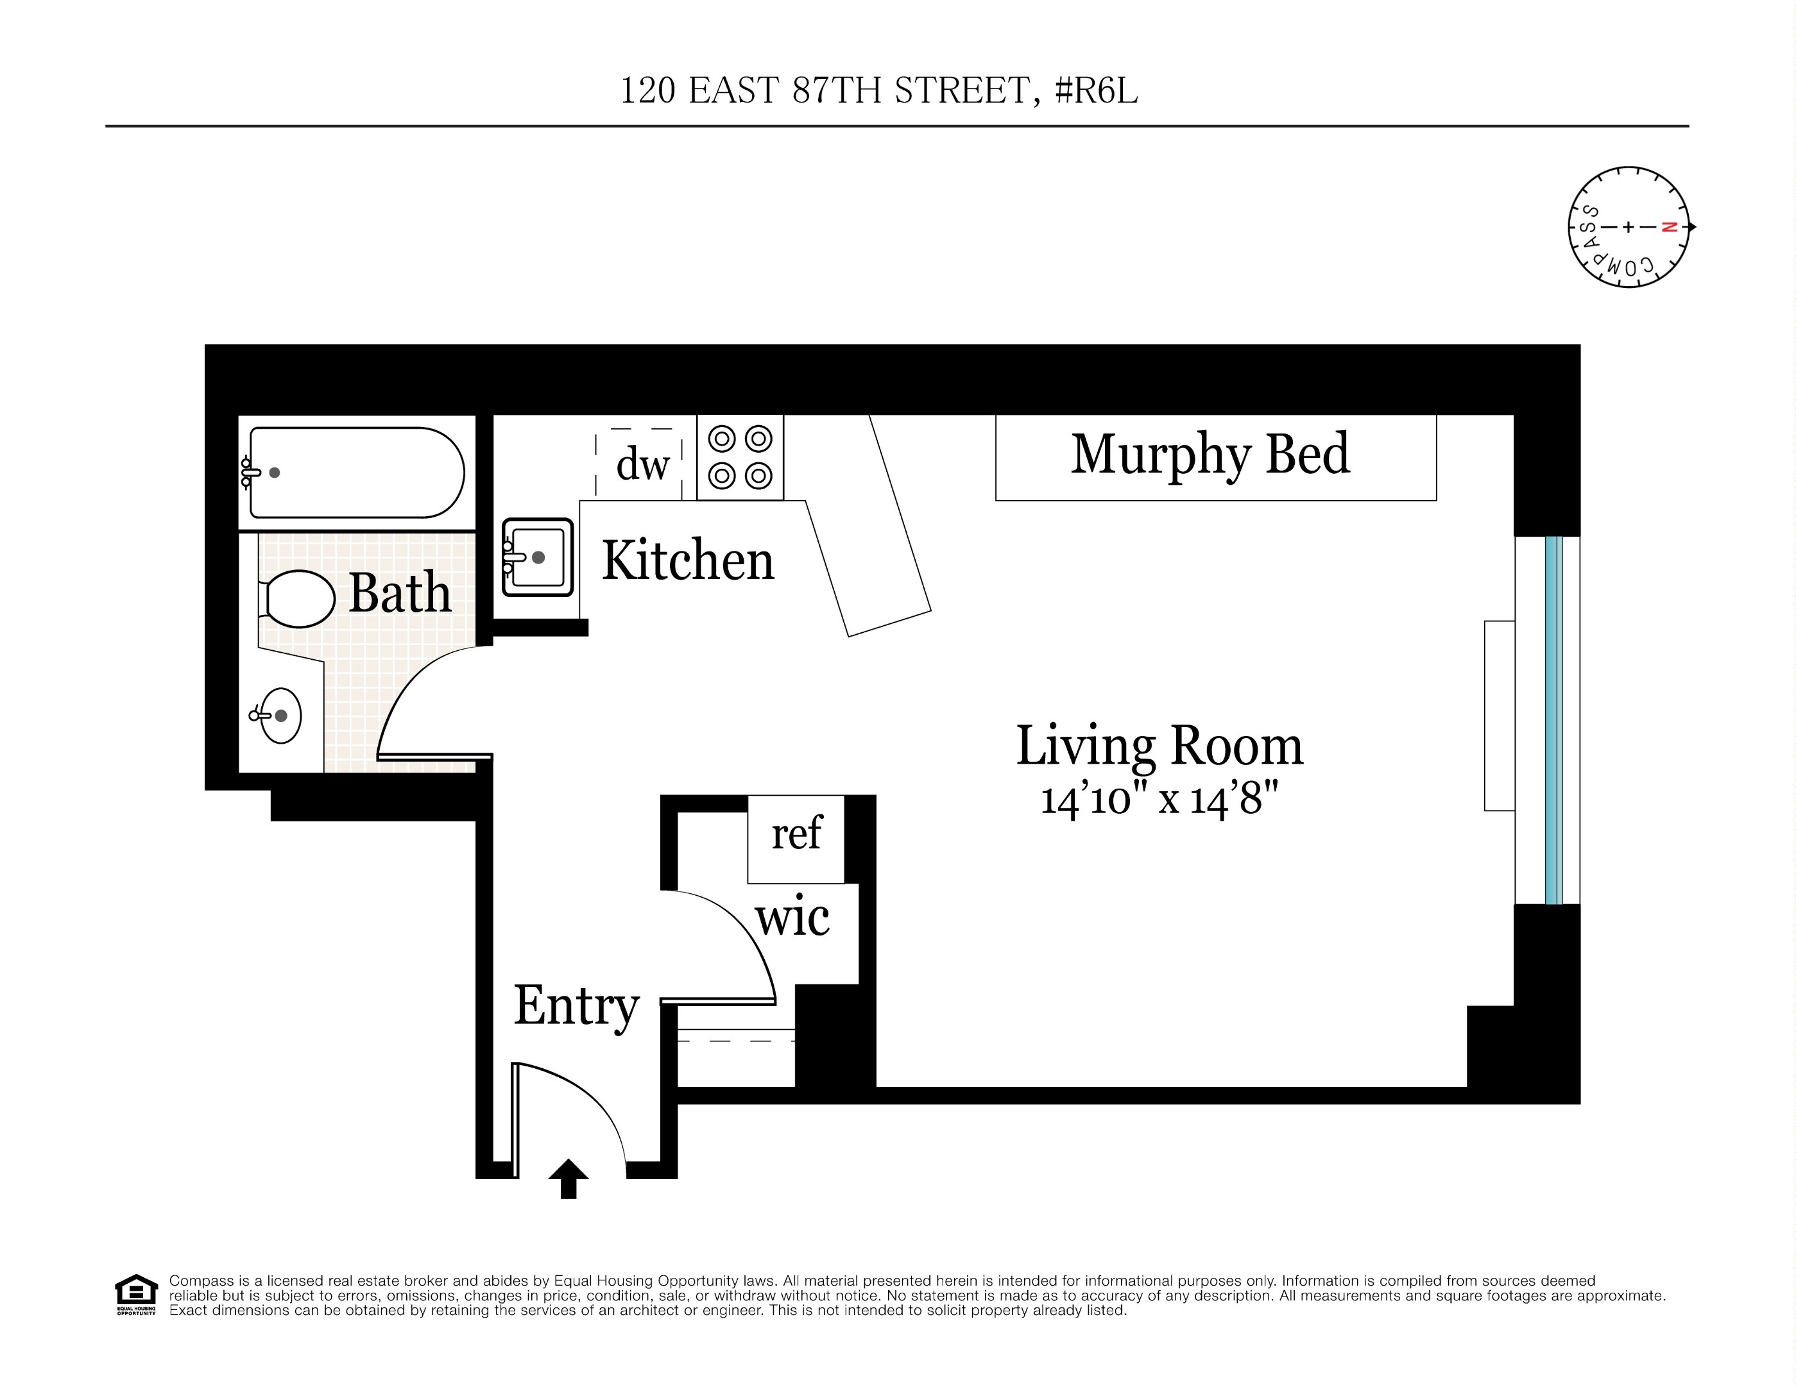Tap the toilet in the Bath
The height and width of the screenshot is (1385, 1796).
pyautogui.click(x=298, y=598)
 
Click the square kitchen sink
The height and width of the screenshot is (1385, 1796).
pyautogui.click(x=538, y=557)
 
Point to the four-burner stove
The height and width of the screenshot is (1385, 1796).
pyautogui.click(x=740, y=457)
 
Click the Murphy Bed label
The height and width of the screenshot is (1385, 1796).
pyautogui.click(x=1210, y=455)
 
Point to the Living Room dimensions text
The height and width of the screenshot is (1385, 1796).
pyautogui.click(x=1159, y=800)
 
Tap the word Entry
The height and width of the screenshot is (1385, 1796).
pyautogui.click(x=576, y=1006)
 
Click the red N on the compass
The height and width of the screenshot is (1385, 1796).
pyautogui.click(x=1668, y=228)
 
